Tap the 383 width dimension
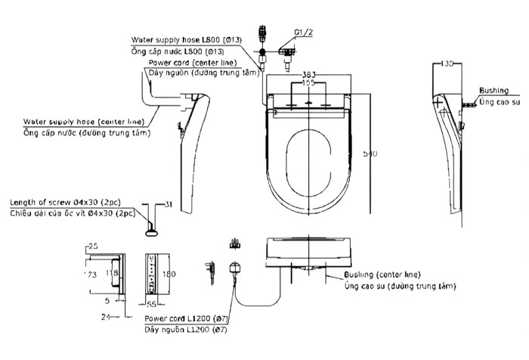308,75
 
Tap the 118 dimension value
110,270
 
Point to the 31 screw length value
169,203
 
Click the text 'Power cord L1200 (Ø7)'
186,320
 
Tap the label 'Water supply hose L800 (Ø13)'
186,38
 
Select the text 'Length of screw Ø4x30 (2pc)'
72,203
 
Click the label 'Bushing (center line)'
382,274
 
